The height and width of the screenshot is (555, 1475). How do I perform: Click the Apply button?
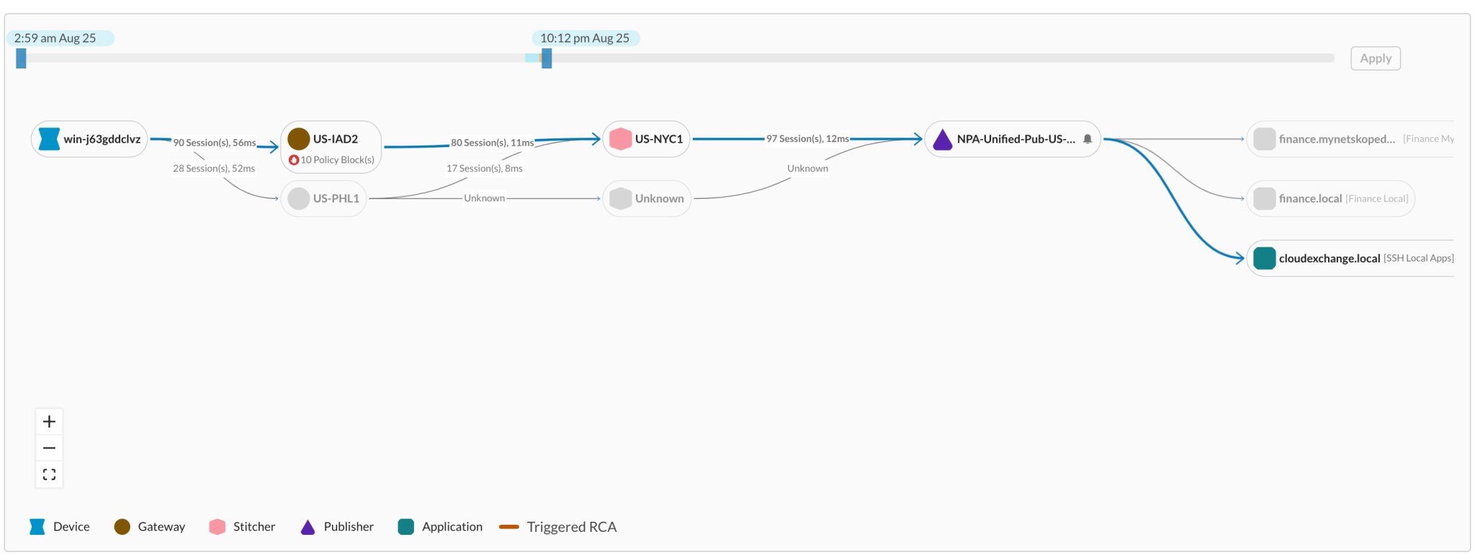point(1375,58)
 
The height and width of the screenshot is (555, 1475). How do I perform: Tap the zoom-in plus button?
point(49,422)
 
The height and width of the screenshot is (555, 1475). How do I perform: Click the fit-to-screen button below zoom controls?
point(49,474)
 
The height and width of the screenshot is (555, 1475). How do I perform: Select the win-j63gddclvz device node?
point(89,139)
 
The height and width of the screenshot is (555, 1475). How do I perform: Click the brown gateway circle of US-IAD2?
point(298,138)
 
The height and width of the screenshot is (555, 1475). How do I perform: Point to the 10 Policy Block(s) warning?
point(331,160)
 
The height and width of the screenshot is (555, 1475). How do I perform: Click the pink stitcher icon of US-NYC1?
point(620,138)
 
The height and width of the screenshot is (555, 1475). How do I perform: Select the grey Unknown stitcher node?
point(646,198)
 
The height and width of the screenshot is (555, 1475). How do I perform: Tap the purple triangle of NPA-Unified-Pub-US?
point(942,139)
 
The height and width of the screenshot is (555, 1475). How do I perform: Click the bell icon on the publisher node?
point(1088,139)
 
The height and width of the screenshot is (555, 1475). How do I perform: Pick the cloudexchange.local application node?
point(1329,258)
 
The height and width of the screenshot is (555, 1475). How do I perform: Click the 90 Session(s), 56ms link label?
point(214,143)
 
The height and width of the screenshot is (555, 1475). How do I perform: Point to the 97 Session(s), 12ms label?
point(807,138)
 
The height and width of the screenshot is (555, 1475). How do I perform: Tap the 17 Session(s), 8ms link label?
point(484,169)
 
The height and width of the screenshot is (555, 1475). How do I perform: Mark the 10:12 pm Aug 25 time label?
point(585,38)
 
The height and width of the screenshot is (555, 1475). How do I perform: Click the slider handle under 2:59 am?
point(22,58)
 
